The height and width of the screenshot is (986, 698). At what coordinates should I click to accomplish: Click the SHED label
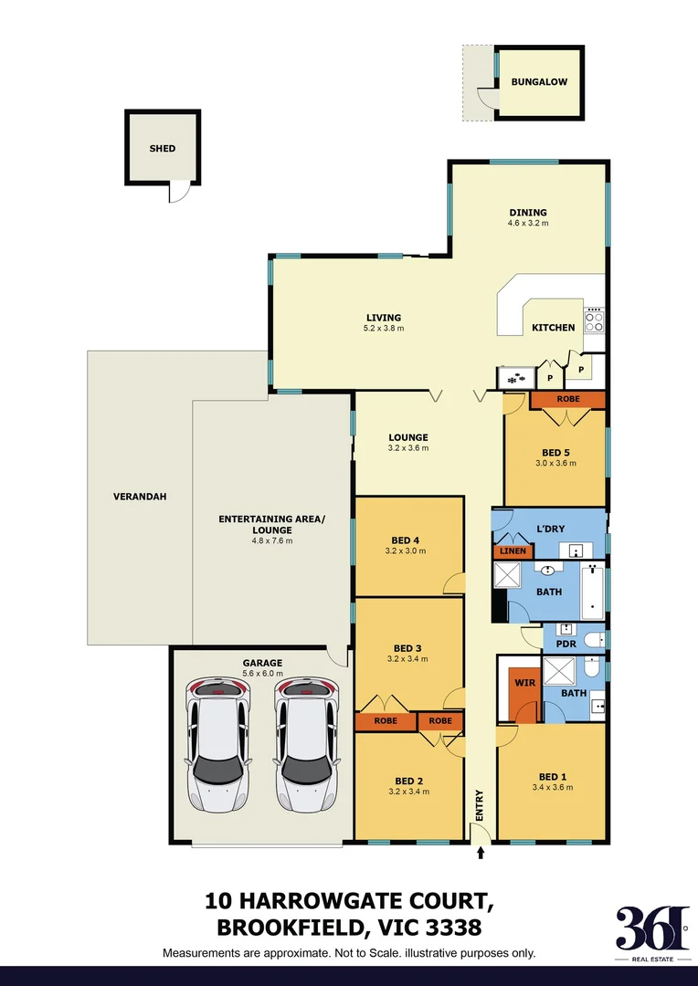click(163, 148)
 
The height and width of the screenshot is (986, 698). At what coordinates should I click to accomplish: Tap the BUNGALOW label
click(539, 82)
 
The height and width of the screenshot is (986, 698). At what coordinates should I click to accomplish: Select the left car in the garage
click(217, 745)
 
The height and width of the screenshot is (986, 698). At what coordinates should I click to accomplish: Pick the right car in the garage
click(306, 745)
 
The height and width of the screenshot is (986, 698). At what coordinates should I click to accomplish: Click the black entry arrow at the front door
click(481, 854)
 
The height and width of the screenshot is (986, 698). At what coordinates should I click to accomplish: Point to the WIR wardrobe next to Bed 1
click(523, 681)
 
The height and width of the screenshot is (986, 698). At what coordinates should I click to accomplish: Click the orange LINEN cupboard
click(513, 551)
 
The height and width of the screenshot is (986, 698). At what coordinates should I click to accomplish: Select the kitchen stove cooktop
click(594, 320)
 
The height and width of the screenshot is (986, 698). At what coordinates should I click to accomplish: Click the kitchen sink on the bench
click(513, 376)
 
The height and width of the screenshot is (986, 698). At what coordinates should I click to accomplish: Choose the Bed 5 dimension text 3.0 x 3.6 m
click(555, 463)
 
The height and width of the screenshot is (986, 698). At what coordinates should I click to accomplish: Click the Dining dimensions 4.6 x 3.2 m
click(528, 223)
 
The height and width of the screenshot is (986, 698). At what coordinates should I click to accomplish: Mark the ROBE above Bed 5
click(567, 399)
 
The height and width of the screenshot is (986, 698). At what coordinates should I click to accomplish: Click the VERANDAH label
click(132, 498)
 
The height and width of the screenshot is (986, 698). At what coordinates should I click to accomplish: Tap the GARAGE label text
click(262, 663)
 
